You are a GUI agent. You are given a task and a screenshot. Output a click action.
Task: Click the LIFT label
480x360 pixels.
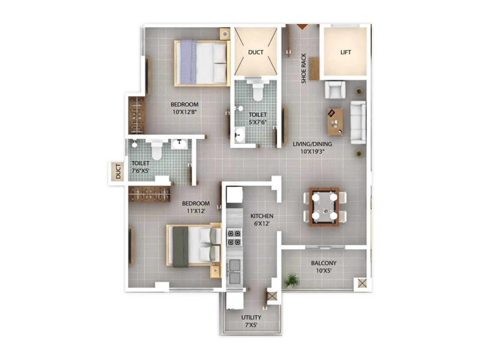pos(346,52)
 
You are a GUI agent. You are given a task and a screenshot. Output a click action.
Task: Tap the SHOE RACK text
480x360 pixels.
pos(304,68)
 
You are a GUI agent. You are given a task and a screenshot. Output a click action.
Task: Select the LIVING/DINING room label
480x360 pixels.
pos(312,144)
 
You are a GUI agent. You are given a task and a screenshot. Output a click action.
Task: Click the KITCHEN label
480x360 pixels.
pos(262,216)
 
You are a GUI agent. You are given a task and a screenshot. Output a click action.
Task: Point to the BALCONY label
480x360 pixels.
pos(323,263)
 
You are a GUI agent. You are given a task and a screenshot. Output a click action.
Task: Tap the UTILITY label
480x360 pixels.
pos(251,317)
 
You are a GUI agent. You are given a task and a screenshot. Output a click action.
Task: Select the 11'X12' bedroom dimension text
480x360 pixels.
pos(196,211)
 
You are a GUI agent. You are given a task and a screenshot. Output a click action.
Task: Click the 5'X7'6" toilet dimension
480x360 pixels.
pos(258,122)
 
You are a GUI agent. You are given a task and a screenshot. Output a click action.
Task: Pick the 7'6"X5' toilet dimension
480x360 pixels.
pos(140,171)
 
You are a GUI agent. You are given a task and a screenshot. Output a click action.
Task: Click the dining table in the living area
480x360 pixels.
pos(324,207)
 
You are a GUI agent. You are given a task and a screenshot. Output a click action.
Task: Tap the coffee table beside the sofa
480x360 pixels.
pos(335,121)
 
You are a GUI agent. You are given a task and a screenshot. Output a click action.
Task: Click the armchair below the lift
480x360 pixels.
pos(335,90)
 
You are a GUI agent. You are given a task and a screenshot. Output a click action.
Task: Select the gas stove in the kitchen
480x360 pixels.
pos(234,238)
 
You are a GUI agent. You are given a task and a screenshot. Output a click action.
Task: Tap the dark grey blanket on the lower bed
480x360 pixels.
pos(180,247)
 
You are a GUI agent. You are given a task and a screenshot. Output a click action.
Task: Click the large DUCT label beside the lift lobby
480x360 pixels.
pos(256,52)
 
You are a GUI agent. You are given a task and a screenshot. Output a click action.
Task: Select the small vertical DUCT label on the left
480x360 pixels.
pos(118,171)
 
